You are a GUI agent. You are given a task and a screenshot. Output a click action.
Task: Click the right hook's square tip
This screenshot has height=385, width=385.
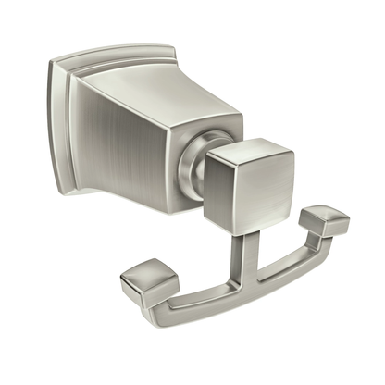click(329, 221)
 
